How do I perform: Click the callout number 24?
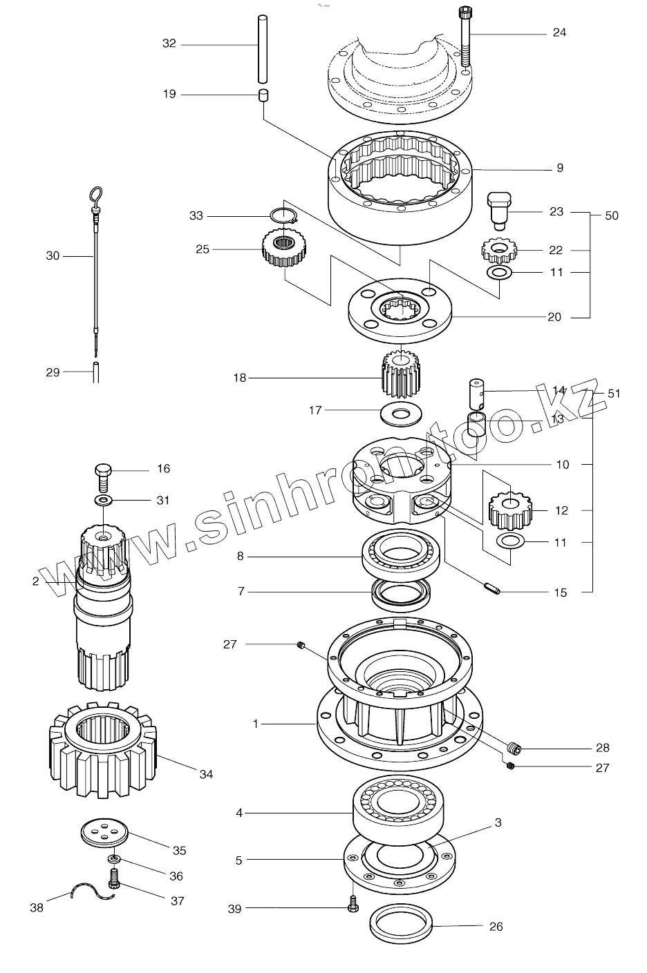coord(559,32)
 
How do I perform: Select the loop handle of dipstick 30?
coord(97,195)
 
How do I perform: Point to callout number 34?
coord(206,775)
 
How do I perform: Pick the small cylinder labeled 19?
coord(263,95)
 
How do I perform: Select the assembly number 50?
coord(612,215)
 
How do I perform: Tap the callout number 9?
coord(560,168)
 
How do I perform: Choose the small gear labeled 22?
coord(498,249)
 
